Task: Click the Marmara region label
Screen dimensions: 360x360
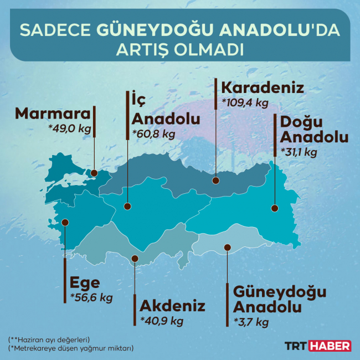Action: tap(53, 114)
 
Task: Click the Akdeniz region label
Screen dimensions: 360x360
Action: tap(173, 306)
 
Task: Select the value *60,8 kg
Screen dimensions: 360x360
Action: tap(154, 133)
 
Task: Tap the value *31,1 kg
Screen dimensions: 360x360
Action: tap(299, 152)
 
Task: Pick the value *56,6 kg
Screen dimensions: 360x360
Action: tap(91, 298)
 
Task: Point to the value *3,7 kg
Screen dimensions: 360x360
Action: tap(251, 322)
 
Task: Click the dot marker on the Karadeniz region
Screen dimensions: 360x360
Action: tap(216, 179)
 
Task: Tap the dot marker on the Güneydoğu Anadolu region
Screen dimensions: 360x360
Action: tap(227, 247)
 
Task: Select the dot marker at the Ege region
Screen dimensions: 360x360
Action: tap(65, 222)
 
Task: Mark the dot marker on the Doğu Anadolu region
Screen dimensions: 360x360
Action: tap(274, 208)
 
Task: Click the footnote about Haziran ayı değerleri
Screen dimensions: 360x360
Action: tap(49, 339)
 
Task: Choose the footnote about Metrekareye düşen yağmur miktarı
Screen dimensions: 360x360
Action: tap(71, 348)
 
